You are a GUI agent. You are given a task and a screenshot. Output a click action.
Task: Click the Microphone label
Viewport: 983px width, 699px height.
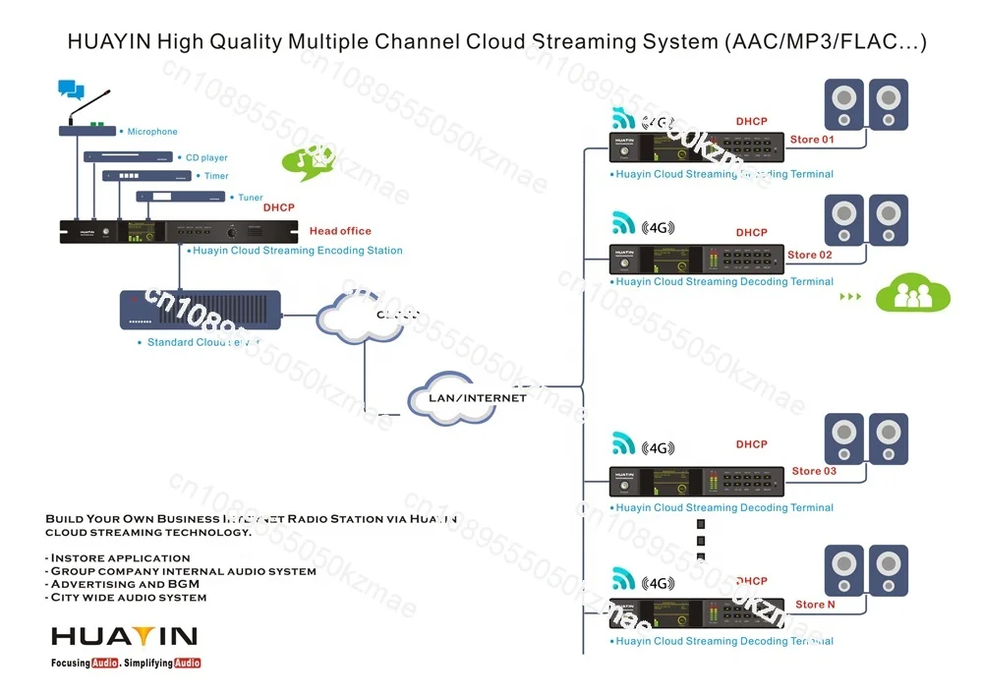152,132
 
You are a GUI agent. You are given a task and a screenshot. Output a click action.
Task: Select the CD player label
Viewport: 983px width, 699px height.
206,157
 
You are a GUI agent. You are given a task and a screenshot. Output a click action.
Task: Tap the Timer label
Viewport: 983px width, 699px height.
216,177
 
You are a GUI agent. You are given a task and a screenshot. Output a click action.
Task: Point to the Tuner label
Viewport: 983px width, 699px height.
251,198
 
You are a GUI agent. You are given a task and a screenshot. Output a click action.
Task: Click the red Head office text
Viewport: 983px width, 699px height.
340,231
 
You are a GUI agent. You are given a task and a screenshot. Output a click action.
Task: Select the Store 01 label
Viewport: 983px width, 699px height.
812,140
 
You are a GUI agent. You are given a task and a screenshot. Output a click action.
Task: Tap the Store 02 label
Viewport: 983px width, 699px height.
810,256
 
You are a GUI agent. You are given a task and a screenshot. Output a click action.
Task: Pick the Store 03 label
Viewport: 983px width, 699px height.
814,472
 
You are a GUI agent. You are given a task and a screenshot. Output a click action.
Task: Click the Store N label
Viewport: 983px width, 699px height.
815,605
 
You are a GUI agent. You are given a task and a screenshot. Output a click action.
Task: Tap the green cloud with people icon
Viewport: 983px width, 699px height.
913,294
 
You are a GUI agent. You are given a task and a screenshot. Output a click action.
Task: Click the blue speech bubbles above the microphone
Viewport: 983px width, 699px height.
71,90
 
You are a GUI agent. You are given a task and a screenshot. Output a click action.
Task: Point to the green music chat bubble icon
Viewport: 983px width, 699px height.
308,162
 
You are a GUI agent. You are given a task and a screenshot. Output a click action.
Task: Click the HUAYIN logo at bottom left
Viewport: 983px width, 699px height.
125,637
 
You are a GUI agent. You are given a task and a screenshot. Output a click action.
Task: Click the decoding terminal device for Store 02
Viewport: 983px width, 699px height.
697,259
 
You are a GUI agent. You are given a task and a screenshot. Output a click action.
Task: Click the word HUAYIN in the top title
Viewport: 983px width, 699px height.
109,42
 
